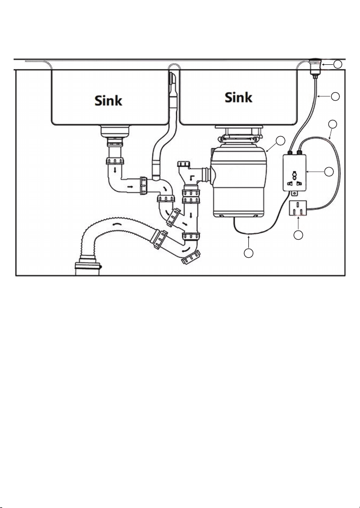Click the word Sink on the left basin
[x=108, y=100]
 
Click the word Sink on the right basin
[x=239, y=97]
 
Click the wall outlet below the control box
[x=297, y=209]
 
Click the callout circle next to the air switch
[x=338, y=64]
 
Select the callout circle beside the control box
[x=329, y=172]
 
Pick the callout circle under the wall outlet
[x=298, y=235]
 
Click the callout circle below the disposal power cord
[x=249, y=253]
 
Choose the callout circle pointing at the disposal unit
[x=280, y=140]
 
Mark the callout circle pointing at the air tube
[x=335, y=96]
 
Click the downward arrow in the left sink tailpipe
[x=115, y=170]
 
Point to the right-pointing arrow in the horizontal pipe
[x=130, y=187]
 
